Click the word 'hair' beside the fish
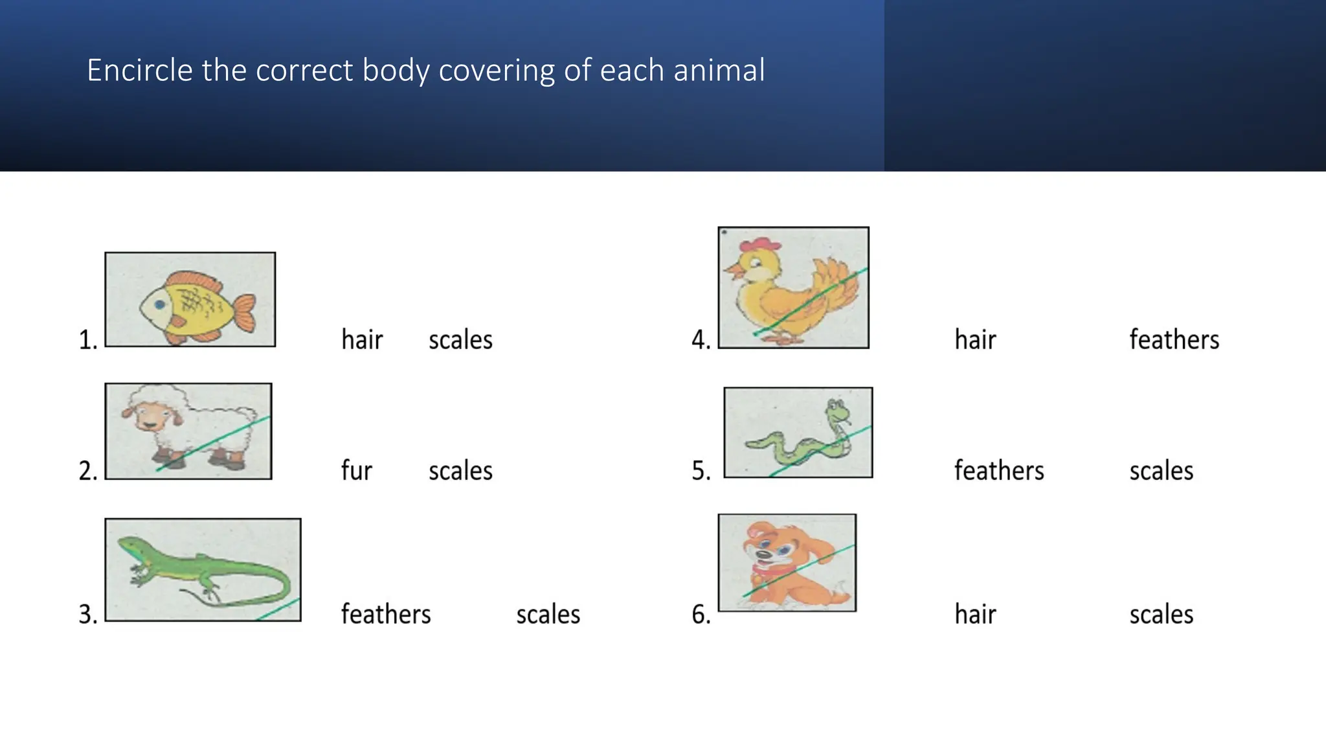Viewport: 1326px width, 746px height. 362,340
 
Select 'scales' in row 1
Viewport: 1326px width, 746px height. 460,340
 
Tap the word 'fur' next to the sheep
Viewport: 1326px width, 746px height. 356,471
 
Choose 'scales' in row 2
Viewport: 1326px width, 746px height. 460,471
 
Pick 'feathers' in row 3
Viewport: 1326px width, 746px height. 385,615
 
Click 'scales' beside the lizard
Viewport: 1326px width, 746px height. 548,615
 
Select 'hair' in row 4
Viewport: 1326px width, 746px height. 975,340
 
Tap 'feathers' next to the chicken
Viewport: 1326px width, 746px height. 1174,340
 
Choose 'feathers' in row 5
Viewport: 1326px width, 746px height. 999,471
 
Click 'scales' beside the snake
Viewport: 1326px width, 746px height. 1161,471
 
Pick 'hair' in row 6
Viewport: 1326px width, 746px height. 975,615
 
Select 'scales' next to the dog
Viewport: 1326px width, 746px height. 1161,615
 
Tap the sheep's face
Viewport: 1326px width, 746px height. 148,416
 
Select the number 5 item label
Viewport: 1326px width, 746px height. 701,471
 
